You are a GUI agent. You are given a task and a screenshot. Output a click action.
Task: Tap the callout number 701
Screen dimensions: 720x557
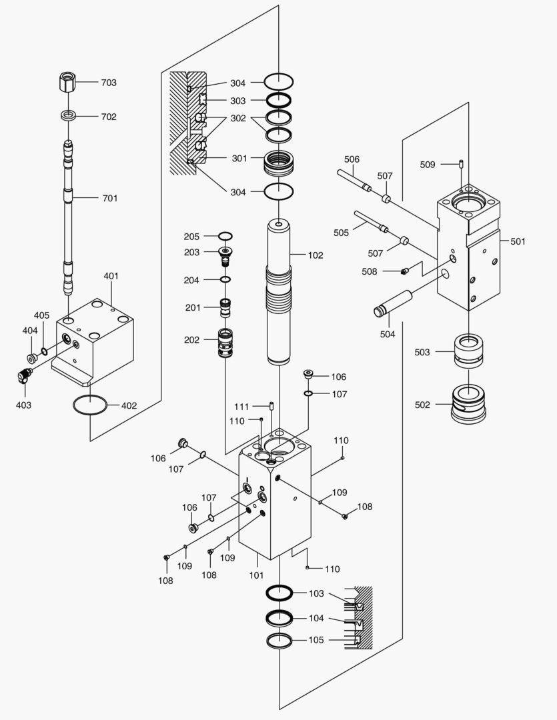click(109, 198)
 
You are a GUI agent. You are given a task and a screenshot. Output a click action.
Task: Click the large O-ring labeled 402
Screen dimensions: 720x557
click(89, 405)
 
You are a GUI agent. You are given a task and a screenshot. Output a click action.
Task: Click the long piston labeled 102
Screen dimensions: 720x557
click(280, 293)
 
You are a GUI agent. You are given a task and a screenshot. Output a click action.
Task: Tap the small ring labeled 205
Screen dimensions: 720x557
click(225, 236)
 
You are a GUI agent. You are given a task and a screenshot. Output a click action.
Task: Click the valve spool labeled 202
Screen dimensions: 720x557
click(227, 343)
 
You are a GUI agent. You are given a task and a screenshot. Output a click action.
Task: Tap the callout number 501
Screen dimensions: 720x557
click(518, 241)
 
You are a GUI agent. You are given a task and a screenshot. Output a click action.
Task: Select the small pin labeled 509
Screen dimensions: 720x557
click(461, 163)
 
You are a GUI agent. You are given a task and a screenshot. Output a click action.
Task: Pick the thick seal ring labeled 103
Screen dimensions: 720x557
click(280, 593)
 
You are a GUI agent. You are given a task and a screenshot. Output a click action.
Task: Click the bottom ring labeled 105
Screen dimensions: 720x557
click(280, 641)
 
